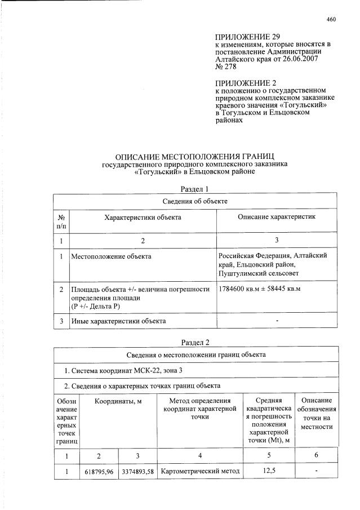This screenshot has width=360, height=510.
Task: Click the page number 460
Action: [331, 19]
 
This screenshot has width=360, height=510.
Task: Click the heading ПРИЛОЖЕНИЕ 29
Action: [244, 37]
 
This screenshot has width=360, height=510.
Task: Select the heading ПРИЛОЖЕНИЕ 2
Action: [242, 83]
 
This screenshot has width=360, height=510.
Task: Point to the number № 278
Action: [226, 66]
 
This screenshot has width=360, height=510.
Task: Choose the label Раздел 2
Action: [195, 342]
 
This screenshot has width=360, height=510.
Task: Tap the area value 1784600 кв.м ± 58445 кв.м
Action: [260, 289]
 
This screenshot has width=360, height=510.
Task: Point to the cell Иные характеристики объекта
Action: [118, 321]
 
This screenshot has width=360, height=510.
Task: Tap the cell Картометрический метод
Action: [200, 471]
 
